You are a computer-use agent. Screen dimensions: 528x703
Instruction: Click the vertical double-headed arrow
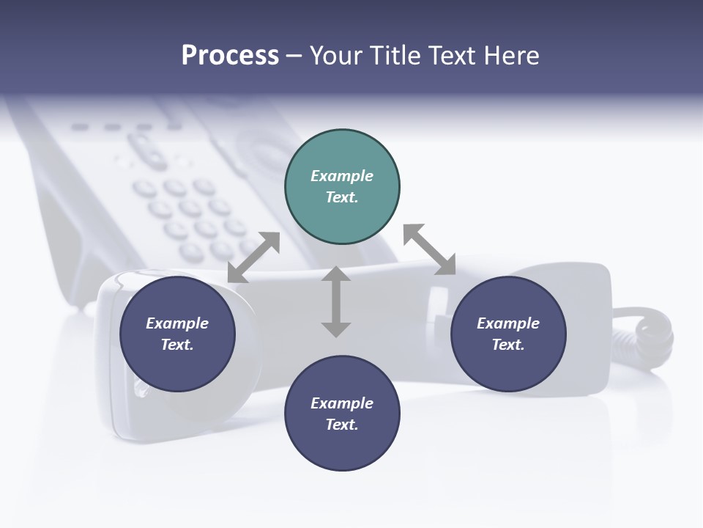tap(336, 301)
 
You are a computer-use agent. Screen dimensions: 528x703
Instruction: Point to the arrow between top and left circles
tap(253, 257)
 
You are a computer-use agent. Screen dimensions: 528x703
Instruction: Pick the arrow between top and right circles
tap(430, 249)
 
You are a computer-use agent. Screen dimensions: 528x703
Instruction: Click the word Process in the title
tap(230, 56)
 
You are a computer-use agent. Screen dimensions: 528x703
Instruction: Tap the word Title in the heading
tap(393, 56)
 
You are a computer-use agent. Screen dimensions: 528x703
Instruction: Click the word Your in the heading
tap(336, 56)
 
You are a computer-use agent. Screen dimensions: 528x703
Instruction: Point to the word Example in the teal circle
tap(342, 176)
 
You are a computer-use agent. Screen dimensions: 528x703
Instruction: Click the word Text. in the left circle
tap(177, 345)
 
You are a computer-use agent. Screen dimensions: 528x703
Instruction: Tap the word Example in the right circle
tap(508, 323)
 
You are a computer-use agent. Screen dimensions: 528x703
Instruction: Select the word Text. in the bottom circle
tap(342, 425)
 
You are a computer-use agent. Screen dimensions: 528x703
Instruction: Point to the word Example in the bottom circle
tap(342, 403)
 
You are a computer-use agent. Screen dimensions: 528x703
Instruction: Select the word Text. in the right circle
tap(508, 345)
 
